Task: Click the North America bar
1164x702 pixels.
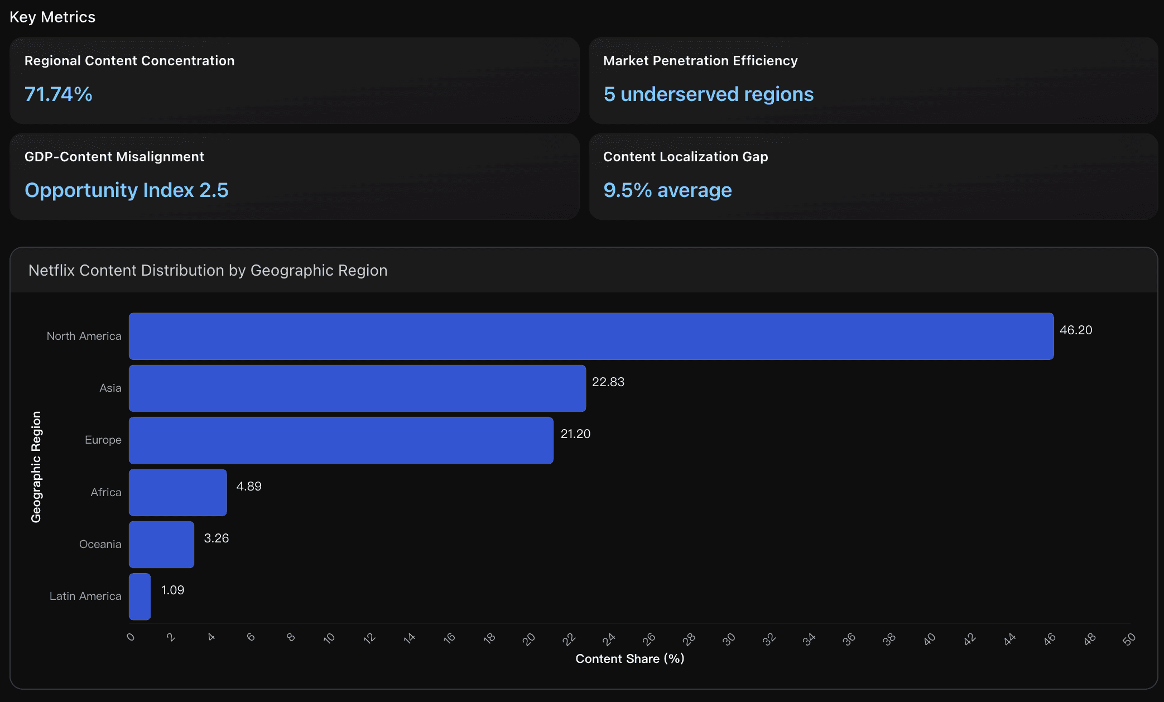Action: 591,336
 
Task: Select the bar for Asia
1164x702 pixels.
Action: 357,388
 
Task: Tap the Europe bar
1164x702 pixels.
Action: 341,440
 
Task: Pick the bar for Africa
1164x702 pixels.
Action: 177,492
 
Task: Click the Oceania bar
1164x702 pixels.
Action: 161,545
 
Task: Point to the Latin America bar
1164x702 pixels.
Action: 140,597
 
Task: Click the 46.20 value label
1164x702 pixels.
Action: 1075,330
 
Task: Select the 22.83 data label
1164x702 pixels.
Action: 608,382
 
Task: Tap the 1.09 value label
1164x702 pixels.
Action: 172,590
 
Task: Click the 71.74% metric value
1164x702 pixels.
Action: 59,94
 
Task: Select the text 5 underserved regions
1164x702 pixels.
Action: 708,94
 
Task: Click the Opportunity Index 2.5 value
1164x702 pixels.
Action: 127,190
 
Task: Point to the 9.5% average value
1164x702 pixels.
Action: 667,190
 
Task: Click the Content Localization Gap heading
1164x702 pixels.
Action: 685,157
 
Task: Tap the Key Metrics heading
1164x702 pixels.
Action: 52,17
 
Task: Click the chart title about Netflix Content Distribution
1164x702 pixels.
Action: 208,271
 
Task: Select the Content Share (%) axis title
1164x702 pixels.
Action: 629,659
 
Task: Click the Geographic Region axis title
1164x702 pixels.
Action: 36,467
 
